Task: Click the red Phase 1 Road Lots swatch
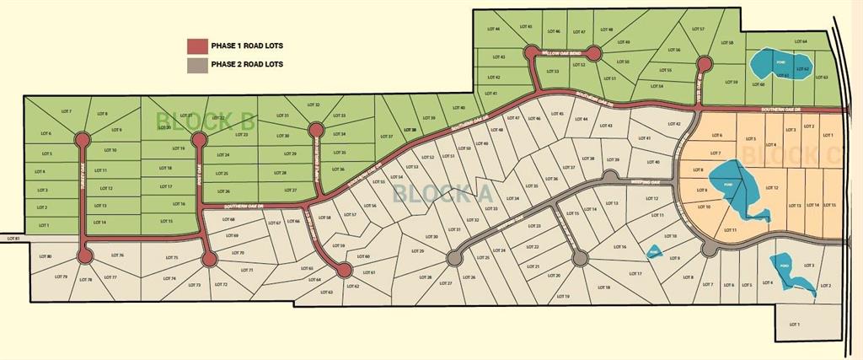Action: tap(197, 46)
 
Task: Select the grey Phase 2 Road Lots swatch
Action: tap(197, 63)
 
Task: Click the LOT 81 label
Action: tap(12, 239)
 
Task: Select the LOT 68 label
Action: tap(228, 219)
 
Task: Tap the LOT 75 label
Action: tap(172, 257)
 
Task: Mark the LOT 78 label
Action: tap(84, 279)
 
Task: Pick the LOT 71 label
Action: tap(247, 270)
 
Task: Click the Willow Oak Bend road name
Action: tap(562, 53)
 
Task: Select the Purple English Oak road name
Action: tap(314, 164)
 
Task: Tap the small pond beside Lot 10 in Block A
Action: tap(653, 251)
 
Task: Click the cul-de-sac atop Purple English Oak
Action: tap(315, 130)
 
